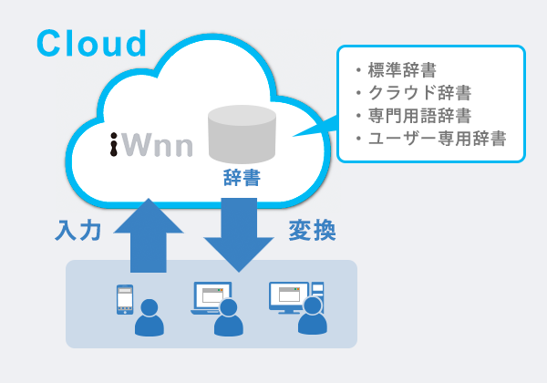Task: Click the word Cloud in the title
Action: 91,43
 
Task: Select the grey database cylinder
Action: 242,133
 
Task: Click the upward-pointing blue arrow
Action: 149,233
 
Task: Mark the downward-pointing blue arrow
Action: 239,233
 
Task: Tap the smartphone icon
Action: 125,300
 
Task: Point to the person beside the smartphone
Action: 149,319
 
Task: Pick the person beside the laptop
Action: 228,319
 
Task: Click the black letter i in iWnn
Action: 115,144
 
